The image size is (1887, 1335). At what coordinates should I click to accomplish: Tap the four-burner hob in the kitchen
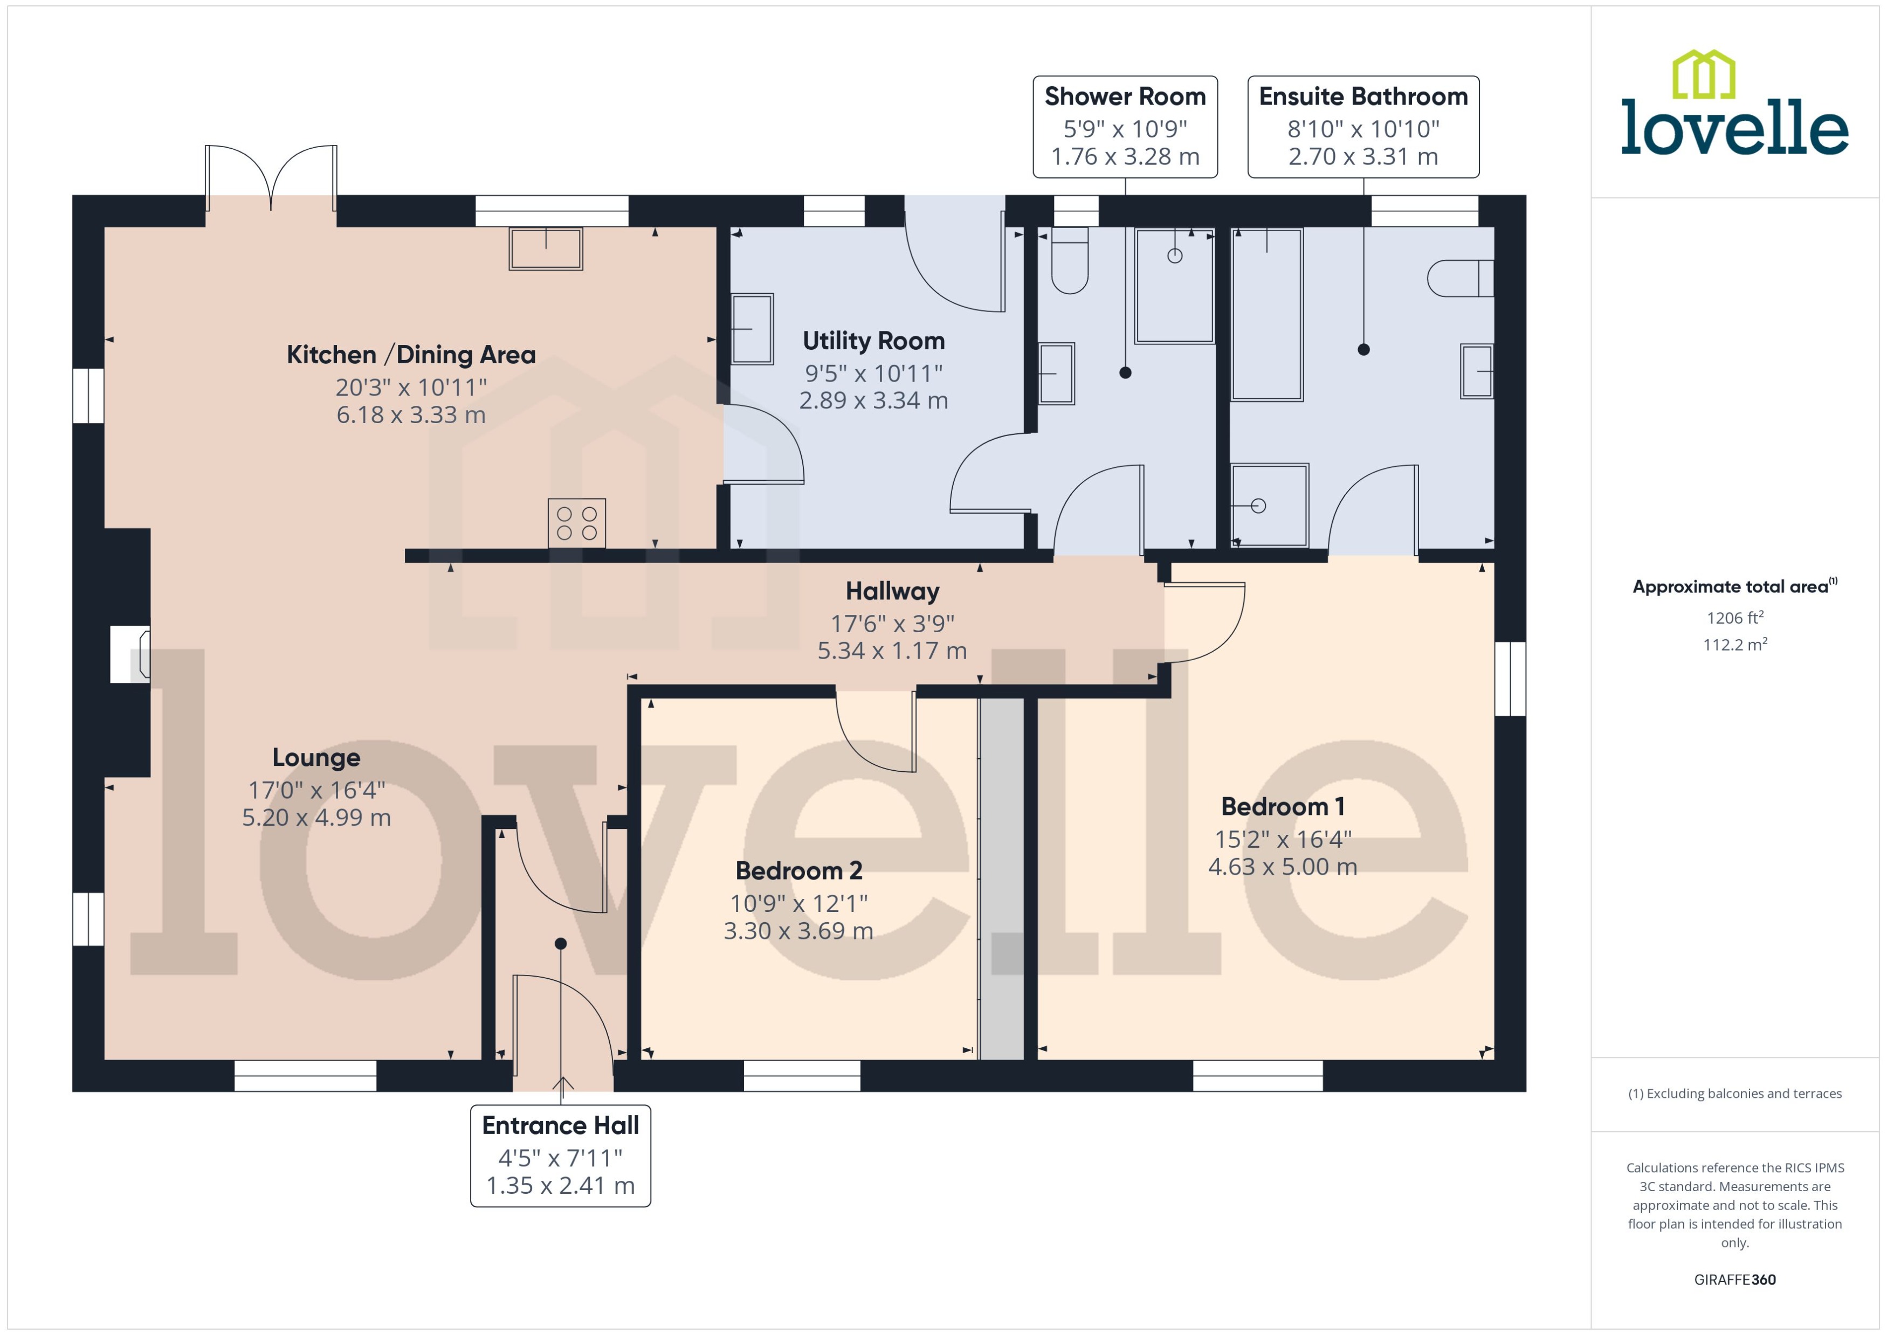pyautogui.click(x=576, y=523)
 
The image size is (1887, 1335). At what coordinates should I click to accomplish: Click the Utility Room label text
pyautogui.click(x=873, y=340)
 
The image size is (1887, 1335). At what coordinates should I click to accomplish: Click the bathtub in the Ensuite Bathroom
pyautogui.click(x=1266, y=315)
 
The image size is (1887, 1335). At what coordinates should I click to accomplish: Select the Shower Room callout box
pyautogui.click(x=1124, y=127)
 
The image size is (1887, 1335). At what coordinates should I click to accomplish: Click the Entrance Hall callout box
pyautogui.click(x=560, y=1155)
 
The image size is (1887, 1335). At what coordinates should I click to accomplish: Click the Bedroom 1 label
pyautogui.click(x=1282, y=806)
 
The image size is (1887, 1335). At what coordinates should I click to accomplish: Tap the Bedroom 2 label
pyautogui.click(x=798, y=870)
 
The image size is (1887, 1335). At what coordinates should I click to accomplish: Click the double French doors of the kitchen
pyautogui.click(x=271, y=179)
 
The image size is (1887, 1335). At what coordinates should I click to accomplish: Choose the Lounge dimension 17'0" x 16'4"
pyautogui.click(x=316, y=790)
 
